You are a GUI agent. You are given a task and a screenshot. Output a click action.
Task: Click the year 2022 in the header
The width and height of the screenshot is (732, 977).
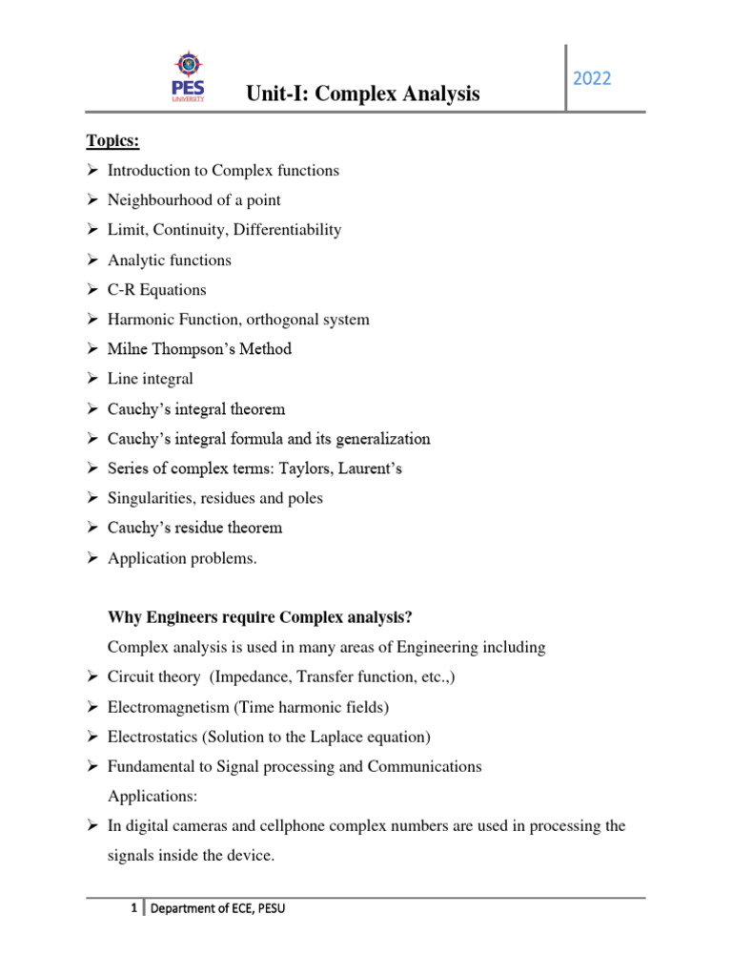click(592, 78)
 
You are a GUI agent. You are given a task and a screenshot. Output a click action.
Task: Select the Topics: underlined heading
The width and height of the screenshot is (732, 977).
click(112, 141)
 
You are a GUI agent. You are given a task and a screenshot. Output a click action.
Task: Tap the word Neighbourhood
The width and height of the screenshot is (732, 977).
click(156, 200)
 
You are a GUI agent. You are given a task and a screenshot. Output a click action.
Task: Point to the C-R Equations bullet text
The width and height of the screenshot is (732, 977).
click(156, 289)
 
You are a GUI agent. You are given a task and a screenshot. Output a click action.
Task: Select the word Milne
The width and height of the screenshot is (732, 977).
click(127, 349)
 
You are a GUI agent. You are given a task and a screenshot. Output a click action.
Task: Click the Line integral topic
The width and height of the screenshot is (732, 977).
click(150, 379)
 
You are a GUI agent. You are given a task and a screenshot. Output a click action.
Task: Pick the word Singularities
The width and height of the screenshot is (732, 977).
click(150, 498)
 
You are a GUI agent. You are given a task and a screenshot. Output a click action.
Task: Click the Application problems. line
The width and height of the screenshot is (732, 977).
click(182, 559)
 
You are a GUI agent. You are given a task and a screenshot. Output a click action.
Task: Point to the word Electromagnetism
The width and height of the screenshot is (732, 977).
click(165, 707)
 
